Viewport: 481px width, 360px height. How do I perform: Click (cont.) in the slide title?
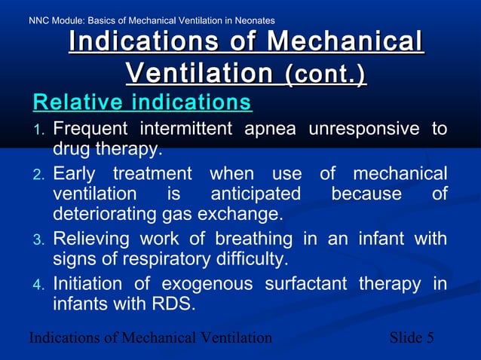[x=325, y=74]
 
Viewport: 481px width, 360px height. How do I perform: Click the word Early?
[x=75, y=174]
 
